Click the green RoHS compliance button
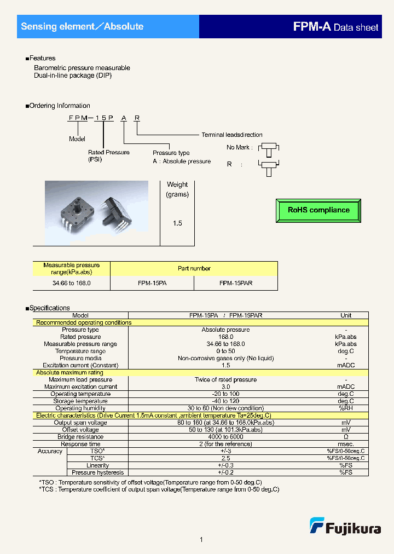(318, 210)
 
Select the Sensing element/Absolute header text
(82, 26)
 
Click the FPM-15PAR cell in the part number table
(236, 283)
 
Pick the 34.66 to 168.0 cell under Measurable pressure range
(72, 283)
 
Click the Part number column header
(194, 268)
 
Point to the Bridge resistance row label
(80, 437)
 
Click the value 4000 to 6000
(225, 437)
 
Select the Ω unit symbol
(345, 437)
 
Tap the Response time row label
(82, 444)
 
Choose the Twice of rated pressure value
(225, 380)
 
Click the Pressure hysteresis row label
(98, 472)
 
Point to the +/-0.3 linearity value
(225, 465)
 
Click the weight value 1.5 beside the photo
(177, 223)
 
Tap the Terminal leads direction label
(231, 135)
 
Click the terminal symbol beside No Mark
(268, 149)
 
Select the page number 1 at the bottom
(201, 540)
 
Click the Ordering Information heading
(59, 106)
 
